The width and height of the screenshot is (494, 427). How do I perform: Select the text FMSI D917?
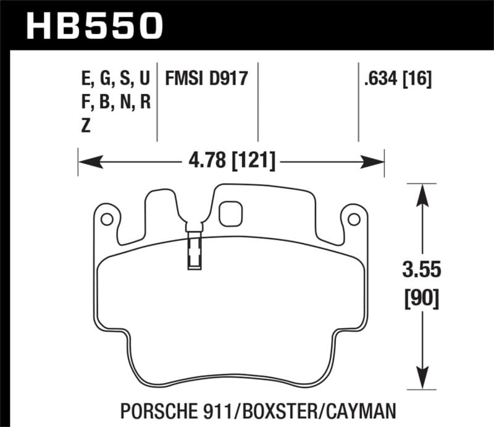click(206, 79)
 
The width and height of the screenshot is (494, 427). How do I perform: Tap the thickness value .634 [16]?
click(398, 79)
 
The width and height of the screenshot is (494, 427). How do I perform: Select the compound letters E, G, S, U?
click(115, 79)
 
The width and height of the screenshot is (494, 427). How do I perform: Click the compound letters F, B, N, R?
click(115, 102)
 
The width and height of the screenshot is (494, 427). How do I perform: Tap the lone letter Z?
click(85, 125)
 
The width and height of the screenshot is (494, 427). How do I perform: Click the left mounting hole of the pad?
click(106, 219)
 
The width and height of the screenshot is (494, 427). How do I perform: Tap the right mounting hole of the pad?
click(354, 219)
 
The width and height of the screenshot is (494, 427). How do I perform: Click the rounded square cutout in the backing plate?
click(230, 213)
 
